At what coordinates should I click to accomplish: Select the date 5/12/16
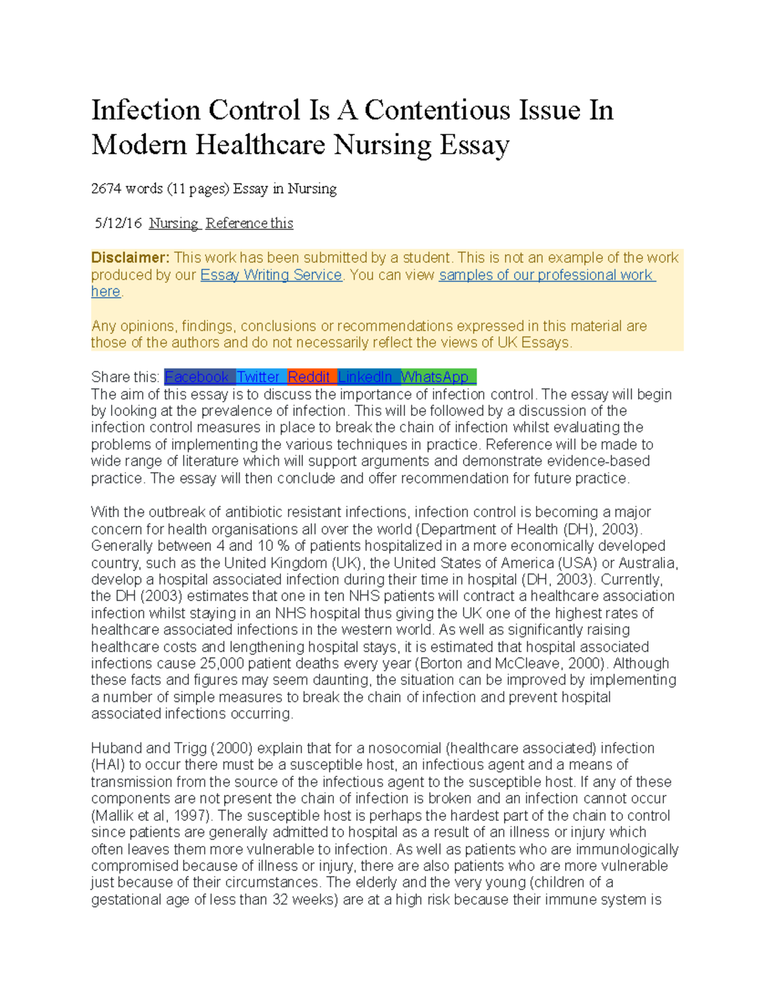[118, 223]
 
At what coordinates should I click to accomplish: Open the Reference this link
[249, 223]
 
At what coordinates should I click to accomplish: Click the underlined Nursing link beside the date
[173, 223]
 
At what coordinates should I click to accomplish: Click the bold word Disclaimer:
[130, 258]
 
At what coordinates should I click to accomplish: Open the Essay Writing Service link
[271, 275]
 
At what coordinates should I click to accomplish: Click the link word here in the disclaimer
[105, 292]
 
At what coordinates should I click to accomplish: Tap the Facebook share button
[197, 377]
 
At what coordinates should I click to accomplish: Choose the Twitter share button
[258, 377]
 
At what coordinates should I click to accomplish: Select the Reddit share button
[309, 377]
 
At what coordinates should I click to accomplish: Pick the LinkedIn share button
[365, 377]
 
